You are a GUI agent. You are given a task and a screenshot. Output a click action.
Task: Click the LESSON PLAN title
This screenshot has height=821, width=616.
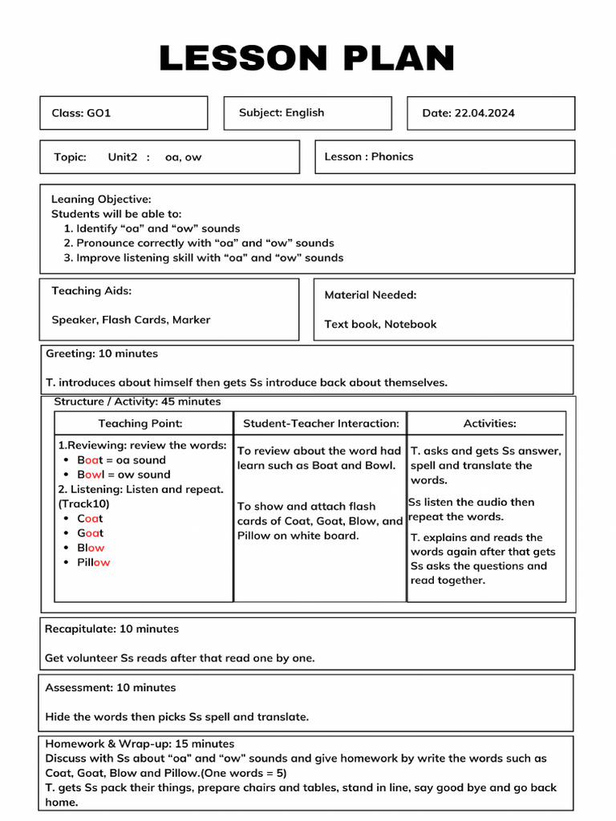pos(307,59)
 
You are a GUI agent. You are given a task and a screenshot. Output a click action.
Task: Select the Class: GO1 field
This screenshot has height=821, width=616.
pos(81,113)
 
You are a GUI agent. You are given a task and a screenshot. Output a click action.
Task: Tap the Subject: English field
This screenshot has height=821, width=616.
pos(282,113)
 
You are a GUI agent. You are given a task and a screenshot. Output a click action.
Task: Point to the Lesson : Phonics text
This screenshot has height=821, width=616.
pos(369,157)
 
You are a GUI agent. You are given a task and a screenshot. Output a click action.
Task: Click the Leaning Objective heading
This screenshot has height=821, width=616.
pos(101,199)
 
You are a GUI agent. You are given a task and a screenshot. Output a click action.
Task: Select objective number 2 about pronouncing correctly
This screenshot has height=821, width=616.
pos(199,243)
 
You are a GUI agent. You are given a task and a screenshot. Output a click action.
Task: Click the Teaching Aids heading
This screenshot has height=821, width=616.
pos(91,291)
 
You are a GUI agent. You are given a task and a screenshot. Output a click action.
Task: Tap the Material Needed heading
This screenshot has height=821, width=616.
pos(370,295)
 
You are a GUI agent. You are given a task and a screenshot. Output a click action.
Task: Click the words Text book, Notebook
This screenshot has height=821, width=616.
pos(380,325)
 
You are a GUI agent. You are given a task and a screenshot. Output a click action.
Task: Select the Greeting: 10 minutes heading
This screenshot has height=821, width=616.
pos(102,354)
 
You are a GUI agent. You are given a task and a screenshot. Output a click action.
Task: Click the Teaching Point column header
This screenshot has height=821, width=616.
pos(140,423)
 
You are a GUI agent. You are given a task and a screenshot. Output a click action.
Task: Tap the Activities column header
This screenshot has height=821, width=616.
pos(489,423)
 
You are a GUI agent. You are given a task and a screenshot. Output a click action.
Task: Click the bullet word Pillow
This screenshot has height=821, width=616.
pos(94,563)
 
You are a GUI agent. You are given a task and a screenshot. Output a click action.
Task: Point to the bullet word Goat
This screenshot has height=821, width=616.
pos(91,533)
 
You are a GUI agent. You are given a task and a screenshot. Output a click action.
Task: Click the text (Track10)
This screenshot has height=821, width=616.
pos(83,504)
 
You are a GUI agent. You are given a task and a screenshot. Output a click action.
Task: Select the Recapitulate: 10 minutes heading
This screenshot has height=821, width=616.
pos(111,629)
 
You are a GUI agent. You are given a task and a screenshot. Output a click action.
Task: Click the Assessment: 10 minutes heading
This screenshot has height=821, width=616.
pos(110,688)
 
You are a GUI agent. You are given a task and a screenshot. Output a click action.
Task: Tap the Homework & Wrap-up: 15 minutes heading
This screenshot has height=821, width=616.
pos(140,744)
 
